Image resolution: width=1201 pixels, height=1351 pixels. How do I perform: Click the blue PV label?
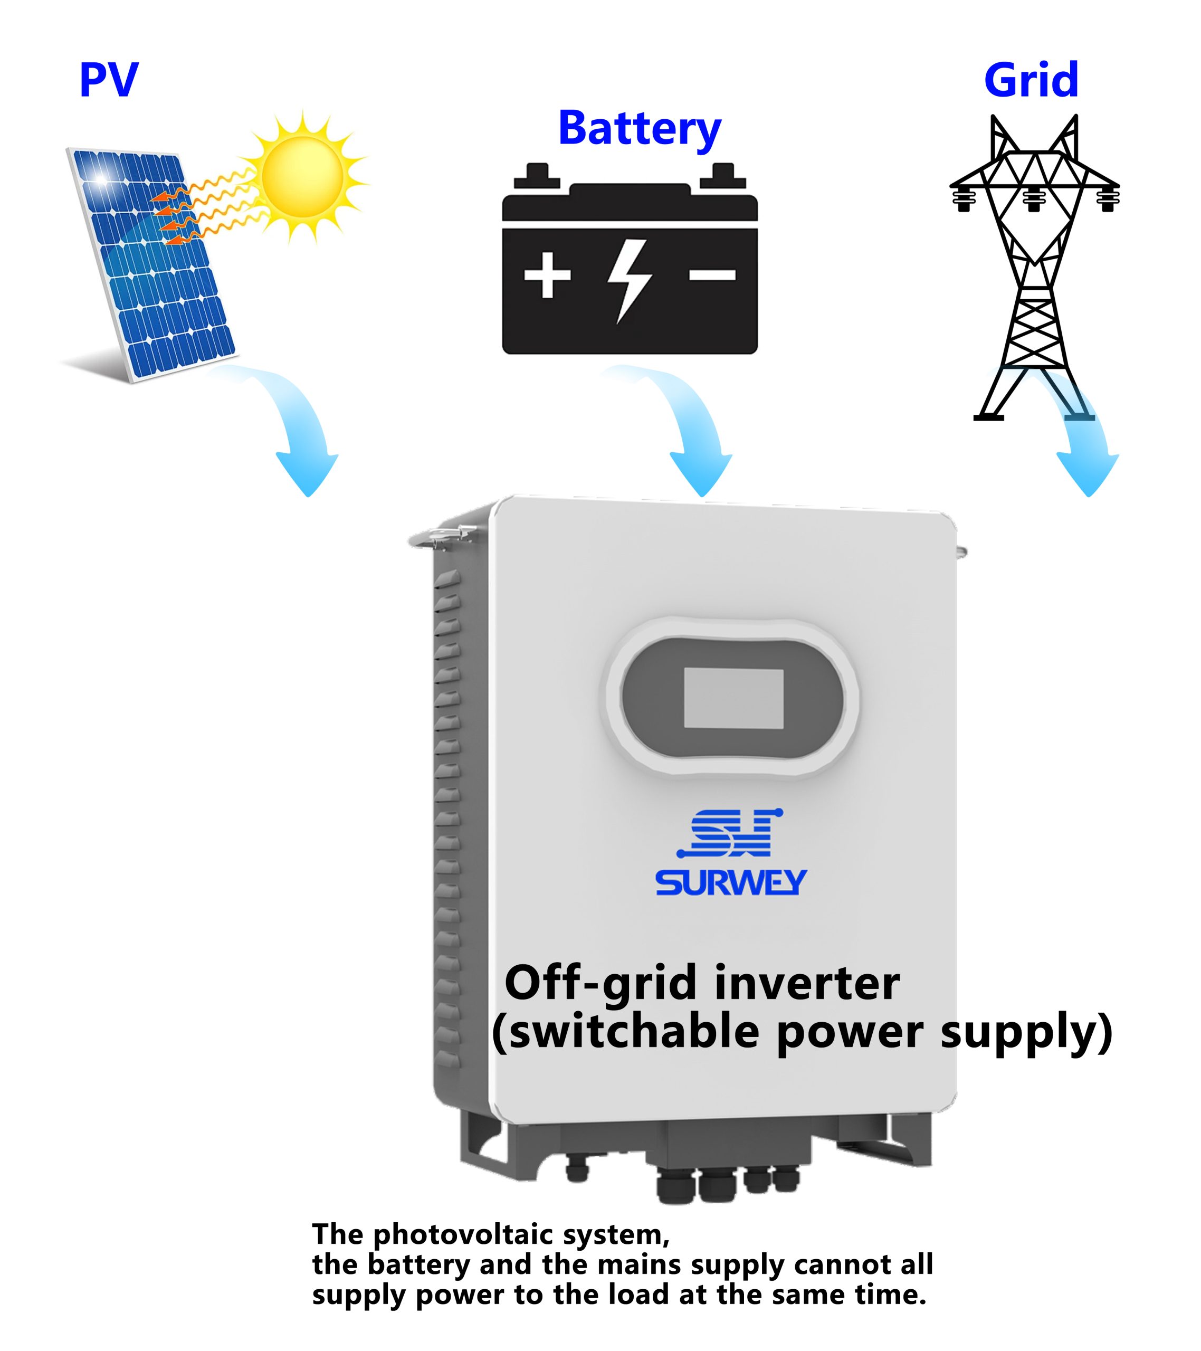(x=109, y=80)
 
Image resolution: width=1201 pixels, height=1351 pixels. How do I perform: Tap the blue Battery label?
(x=639, y=129)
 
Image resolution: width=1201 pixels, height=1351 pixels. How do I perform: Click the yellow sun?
(x=303, y=176)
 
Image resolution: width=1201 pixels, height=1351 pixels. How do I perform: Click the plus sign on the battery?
(x=547, y=274)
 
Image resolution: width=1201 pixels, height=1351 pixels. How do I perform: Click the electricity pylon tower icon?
(x=1034, y=267)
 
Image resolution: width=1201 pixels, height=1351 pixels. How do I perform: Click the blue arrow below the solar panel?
(x=298, y=423)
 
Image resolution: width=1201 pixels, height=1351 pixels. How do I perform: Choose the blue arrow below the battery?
(x=691, y=423)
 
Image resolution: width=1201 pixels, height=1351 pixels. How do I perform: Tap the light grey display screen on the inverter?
(x=733, y=698)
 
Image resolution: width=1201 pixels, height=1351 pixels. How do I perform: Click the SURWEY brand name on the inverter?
(x=731, y=882)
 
